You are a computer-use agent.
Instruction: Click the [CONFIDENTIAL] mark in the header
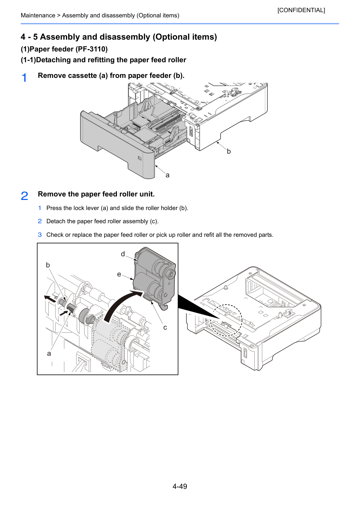click(301, 10)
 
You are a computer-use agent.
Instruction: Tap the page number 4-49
click(180, 486)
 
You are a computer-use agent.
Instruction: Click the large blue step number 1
click(24, 78)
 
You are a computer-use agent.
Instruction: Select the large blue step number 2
click(24, 196)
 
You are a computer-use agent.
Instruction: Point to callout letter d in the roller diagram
click(123, 254)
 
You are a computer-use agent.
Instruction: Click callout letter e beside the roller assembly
click(119, 274)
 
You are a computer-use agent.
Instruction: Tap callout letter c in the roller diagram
click(165, 328)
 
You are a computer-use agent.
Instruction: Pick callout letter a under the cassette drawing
click(167, 175)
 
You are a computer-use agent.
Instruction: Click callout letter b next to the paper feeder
click(229, 151)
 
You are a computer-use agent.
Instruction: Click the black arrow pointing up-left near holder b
click(50, 298)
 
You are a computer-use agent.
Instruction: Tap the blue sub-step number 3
click(40, 235)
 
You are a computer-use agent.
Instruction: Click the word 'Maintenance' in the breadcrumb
click(38, 15)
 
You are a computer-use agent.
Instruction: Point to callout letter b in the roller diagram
click(48, 265)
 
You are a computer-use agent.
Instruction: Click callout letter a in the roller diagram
click(49, 354)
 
